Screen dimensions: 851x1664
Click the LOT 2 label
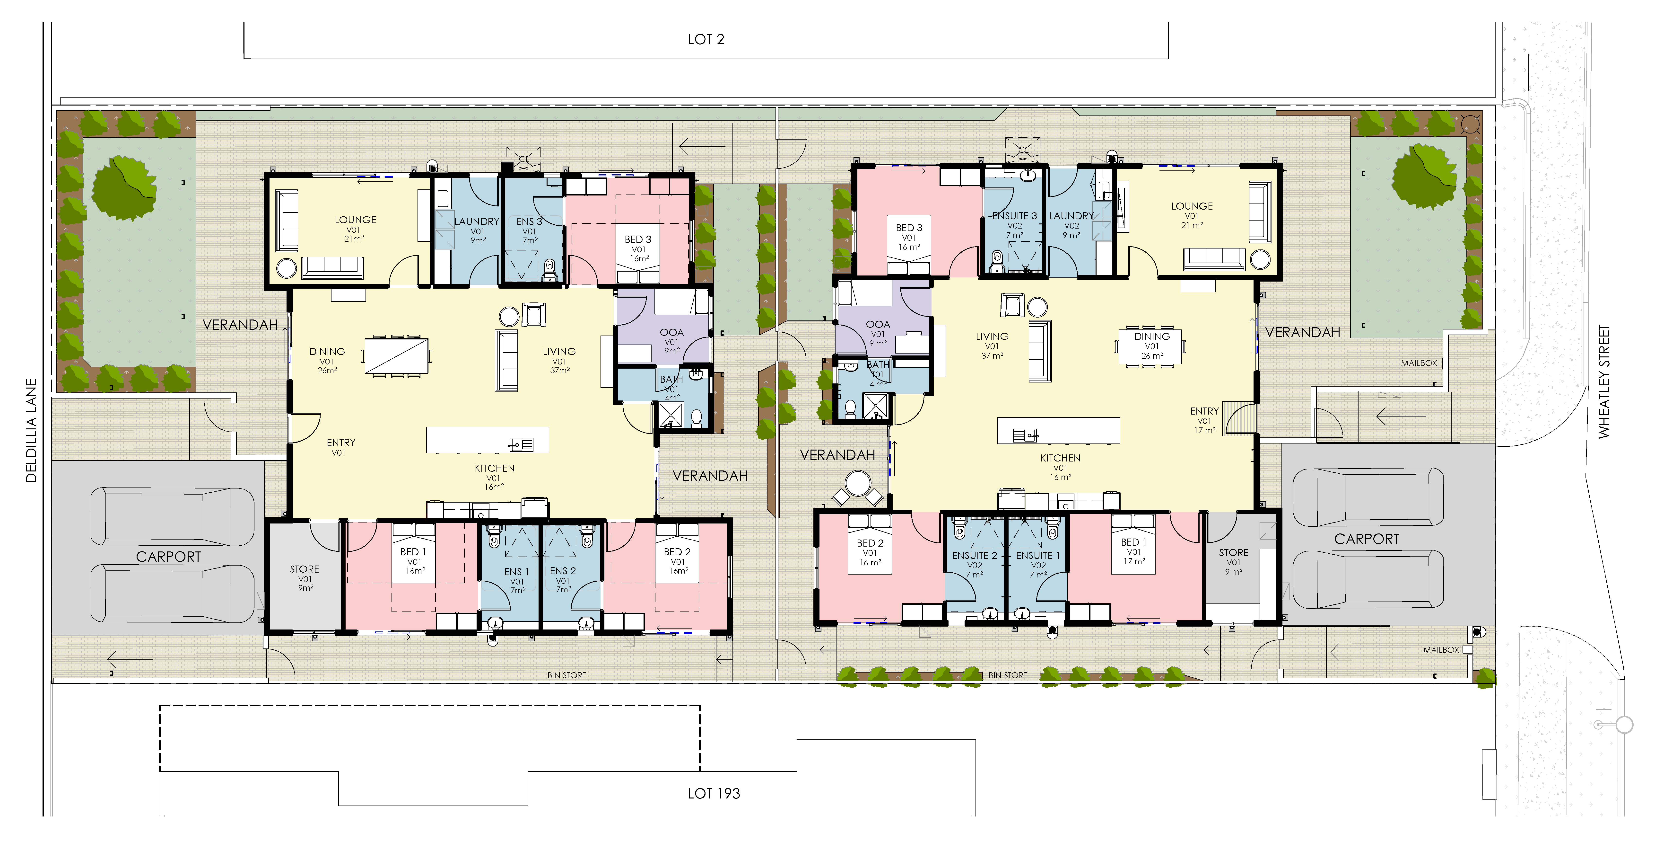coord(706,39)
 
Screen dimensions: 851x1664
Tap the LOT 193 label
coord(713,793)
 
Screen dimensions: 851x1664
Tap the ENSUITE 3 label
coord(1014,216)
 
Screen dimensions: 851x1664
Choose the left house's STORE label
coord(304,569)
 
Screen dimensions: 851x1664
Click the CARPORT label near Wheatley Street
coord(1366,539)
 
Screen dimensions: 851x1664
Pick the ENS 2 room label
coord(563,571)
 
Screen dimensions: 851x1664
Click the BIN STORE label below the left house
coord(566,675)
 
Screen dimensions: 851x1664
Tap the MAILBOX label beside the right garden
coord(1419,363)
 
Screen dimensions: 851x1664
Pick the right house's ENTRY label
coord(1204,411)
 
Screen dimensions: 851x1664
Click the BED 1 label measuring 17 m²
coord(1134,542)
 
